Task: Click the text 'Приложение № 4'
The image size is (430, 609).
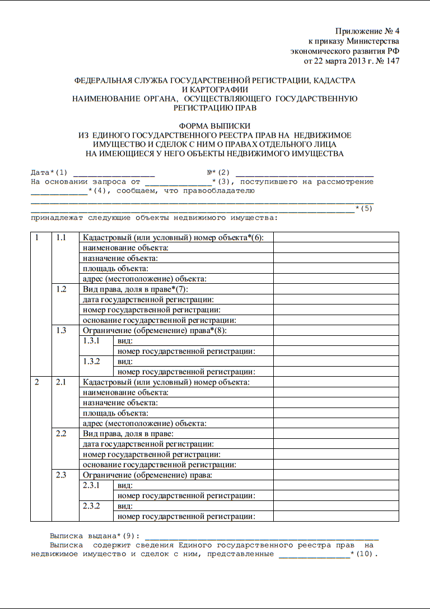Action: pos(367,31)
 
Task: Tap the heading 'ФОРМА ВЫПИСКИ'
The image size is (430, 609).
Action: pos(214,126)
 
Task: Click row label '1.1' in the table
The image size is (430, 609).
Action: pos(61,237)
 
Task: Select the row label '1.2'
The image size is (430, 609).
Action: pos(61,289)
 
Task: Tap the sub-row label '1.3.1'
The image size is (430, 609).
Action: pos(91,340)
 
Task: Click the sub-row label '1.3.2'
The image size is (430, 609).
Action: pos(91,361)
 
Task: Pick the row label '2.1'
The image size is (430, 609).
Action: pos(61,382)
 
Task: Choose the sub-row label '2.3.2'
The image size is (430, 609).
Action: pos(91,505)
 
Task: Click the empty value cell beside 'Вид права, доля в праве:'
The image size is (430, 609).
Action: pos(336,433)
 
